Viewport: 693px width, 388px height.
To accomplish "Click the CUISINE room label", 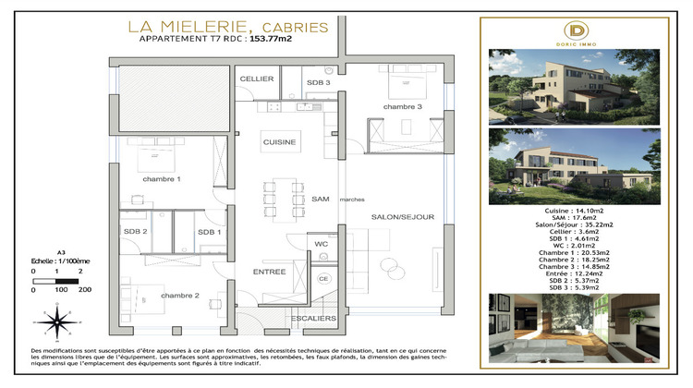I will point(279,143).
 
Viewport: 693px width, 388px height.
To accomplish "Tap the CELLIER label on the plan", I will point(257,79).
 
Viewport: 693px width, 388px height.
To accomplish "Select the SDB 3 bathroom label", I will point(320,83).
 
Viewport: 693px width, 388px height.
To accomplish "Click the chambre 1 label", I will point(160,178).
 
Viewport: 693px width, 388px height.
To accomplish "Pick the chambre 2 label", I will point(179,295).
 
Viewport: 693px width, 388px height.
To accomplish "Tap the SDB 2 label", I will point(135,231).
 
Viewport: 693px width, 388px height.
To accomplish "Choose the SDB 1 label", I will point(210,231).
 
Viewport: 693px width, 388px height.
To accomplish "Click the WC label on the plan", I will point(322,244).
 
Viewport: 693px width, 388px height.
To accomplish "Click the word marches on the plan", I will point(351,200).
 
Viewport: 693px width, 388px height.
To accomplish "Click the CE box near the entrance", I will point(323,278).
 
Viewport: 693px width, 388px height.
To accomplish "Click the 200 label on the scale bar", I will point(85,290).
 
